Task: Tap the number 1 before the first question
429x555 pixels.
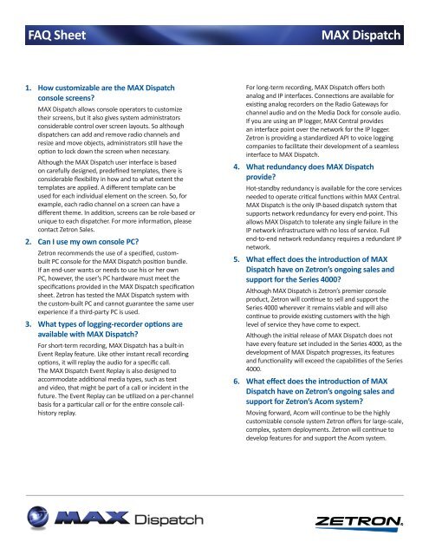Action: (x=29, y=87)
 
